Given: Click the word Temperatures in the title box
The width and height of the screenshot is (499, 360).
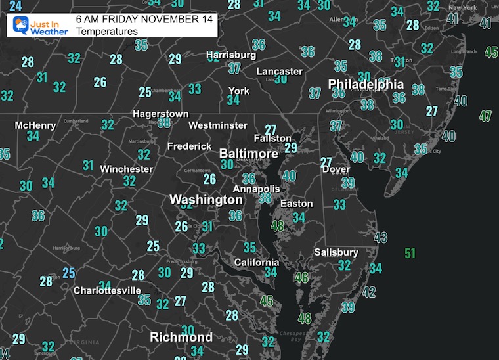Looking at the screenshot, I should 107,31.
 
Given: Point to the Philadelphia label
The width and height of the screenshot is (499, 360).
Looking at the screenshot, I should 366,84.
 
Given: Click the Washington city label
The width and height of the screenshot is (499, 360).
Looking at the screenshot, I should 206,199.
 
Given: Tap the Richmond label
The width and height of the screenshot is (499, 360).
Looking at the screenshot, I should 181,337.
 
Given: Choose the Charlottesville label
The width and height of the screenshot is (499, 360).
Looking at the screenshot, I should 107,290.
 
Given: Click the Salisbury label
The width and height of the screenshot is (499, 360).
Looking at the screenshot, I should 336,252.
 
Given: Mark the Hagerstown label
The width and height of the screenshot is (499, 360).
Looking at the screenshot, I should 161,114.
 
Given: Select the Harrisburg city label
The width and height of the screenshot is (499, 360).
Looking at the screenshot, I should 230,55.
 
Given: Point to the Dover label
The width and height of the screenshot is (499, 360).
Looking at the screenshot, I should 336,169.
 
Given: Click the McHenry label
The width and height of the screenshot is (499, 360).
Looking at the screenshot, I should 35,125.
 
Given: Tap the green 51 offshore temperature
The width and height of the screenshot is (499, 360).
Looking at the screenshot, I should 410,254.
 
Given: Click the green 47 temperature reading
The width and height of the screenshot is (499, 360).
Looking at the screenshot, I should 485,116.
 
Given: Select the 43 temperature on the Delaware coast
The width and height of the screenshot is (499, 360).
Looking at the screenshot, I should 380,238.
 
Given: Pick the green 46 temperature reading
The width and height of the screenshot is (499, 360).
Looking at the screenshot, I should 301,278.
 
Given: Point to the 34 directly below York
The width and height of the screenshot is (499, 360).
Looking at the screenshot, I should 233,101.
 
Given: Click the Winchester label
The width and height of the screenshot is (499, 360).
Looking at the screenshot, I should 126,169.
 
